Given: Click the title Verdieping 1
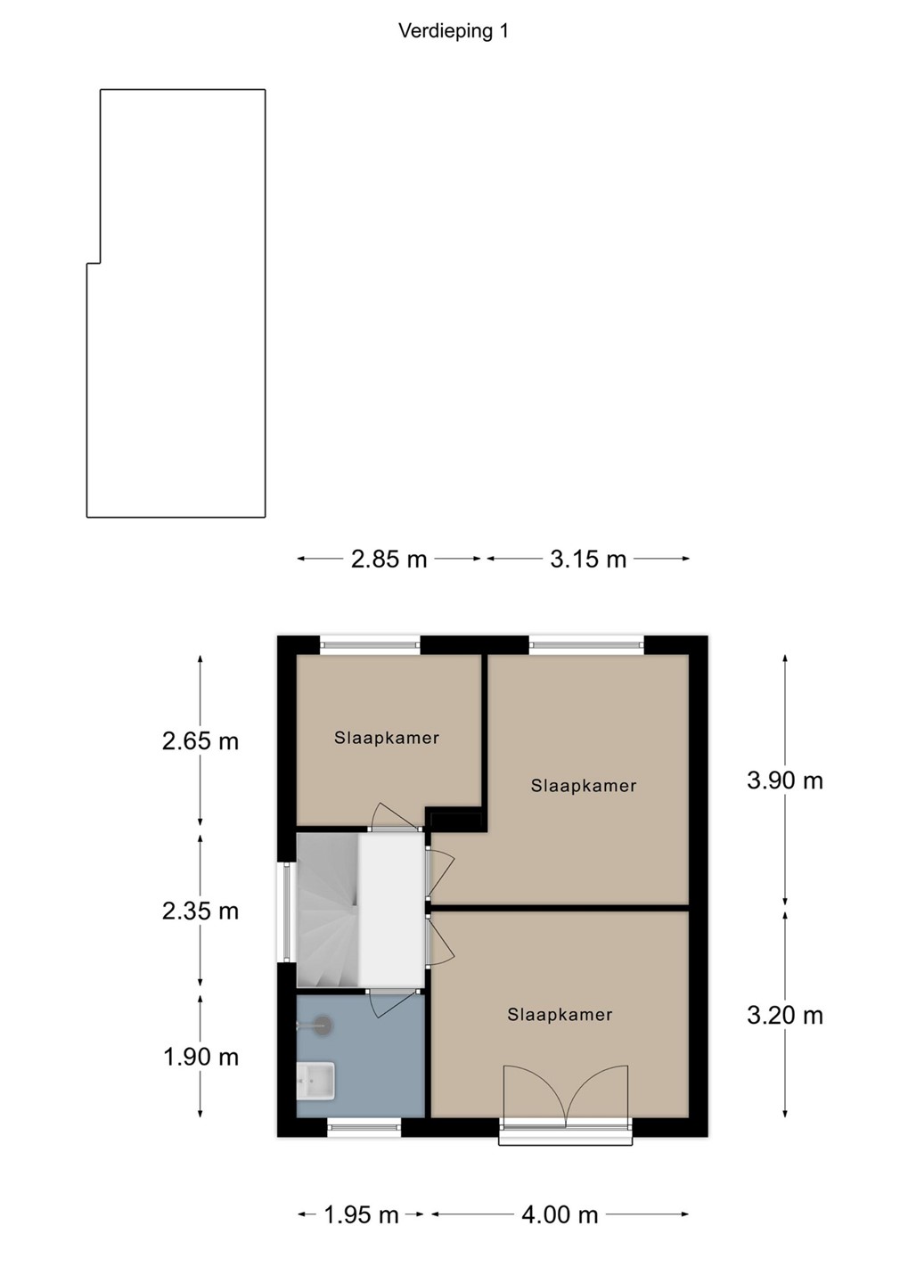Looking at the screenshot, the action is click(x=454, y=31).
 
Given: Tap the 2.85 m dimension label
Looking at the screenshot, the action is click(x=389, y=559).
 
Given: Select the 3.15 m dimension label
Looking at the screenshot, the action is click(x=588, y=559).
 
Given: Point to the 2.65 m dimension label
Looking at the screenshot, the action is click(x=200, y=741).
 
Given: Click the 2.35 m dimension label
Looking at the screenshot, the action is click(x=200, y=911).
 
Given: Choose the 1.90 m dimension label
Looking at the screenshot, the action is click(x=200, y=1058).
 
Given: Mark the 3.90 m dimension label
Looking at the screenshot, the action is click(x=785, y=780).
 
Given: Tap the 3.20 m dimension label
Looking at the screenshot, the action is click(x=785, y=1016).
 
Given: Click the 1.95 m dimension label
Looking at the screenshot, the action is click(x=361, y=1214).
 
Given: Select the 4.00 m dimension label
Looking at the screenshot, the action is click(x=560, y=1214).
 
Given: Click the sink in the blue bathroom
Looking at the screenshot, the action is click(x=315, y=1080).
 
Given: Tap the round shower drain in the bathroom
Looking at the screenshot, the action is click(x=323, y=1024).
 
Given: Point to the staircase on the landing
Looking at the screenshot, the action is click(x=327, y=911).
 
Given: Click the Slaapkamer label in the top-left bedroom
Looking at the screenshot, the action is click(x=387, y=738).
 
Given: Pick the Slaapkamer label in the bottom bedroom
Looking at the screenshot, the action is click(x=560, y=1015).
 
